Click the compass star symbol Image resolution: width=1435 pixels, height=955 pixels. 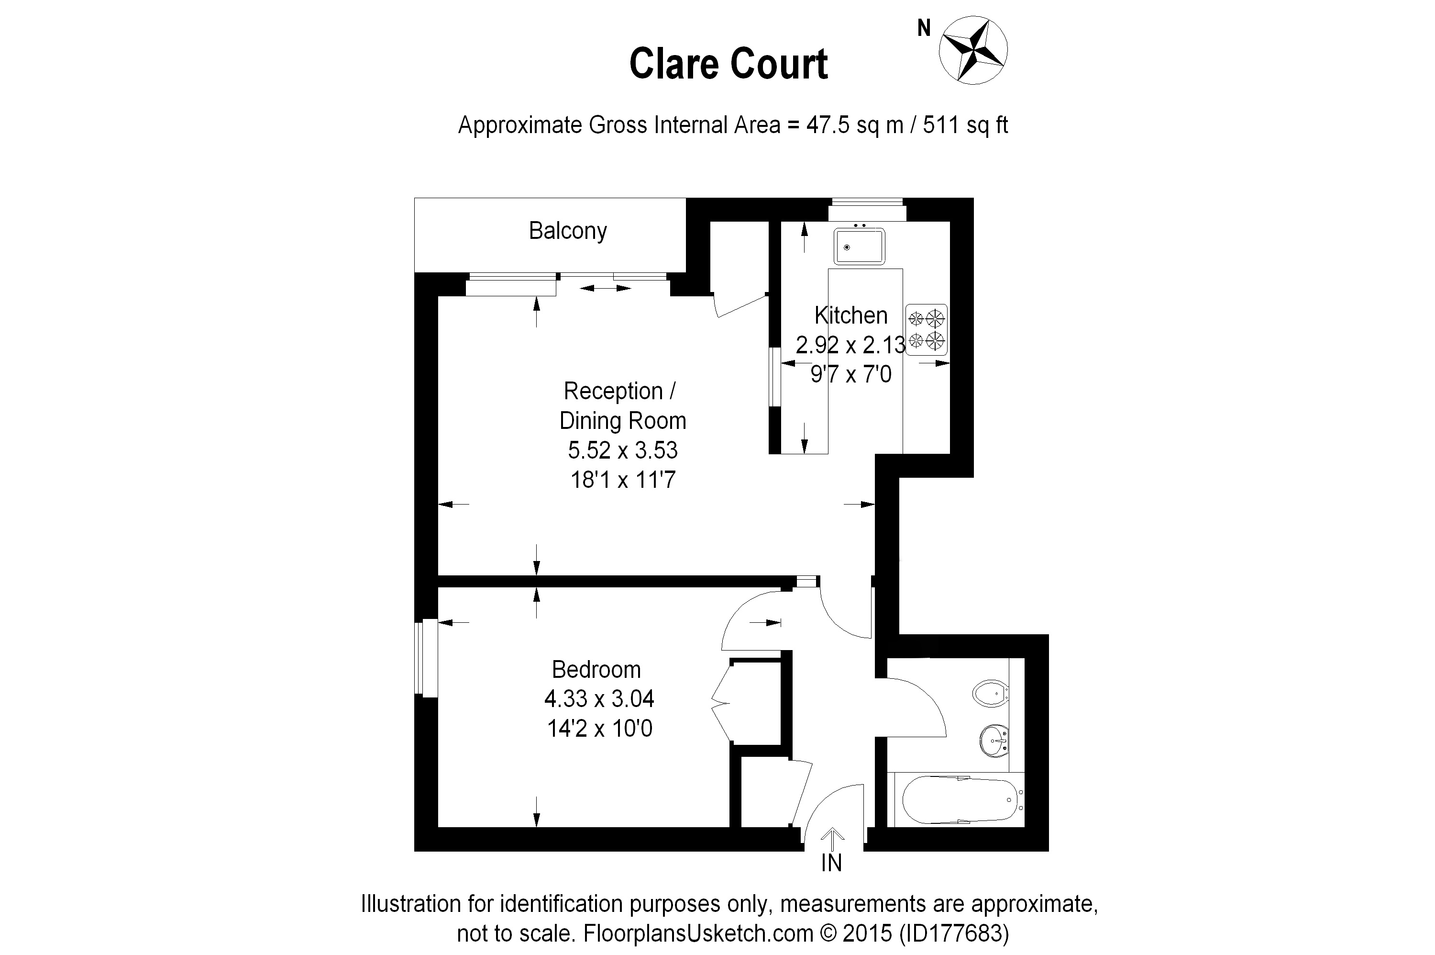[x=972, y=50]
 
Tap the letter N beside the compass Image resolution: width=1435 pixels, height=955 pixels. [x=924, y=28]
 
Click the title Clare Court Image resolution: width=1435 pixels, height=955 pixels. [x=728, y=64]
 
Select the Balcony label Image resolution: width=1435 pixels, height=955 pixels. [x=567, y=231]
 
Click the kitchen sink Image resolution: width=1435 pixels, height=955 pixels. [x=859, y=246]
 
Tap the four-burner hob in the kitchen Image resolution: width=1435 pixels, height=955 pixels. [x=926, y=329]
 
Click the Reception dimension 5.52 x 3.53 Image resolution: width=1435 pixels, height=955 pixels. [x=623, y=450]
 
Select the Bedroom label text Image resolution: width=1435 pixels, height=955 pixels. [x=596, y=669]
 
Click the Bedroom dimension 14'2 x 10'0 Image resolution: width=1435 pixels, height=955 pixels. [x=599, y=729]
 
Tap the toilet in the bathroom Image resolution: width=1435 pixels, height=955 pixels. [x=991, y=693]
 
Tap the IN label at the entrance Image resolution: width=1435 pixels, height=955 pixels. [x=831, y=863]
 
